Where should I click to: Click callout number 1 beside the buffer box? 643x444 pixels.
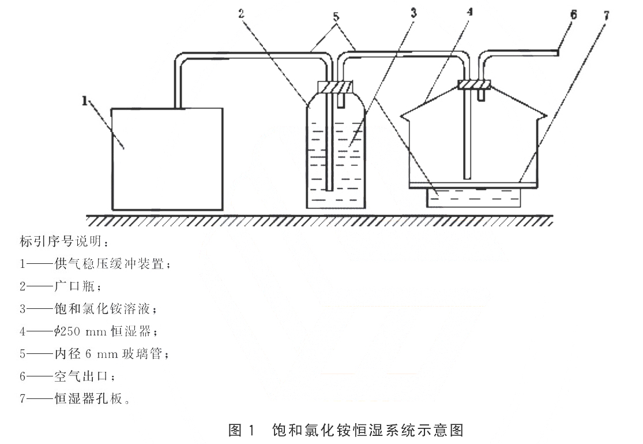[x=85, y=100]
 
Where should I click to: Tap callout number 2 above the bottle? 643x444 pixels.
[x=242, y=13]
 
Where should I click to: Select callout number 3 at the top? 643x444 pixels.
[x=413, y=13]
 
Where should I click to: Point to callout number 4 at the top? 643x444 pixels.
[x=470, y=12]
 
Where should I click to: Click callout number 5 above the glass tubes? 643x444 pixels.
[x=336, y=17]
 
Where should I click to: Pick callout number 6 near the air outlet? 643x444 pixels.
[x=573, y=15]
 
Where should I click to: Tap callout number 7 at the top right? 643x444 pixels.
[x=606, y=16]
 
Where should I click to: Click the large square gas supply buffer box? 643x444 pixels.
[x=167, y=159]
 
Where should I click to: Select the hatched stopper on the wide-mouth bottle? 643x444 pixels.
[x=335, y=87]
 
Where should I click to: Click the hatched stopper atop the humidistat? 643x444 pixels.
[x=474, y=84]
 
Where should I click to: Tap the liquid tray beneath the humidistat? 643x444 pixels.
[x=473, y=197]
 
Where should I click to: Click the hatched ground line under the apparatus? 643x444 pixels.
[x=319, y=221]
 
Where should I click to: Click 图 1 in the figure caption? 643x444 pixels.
[x=242, y=430]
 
